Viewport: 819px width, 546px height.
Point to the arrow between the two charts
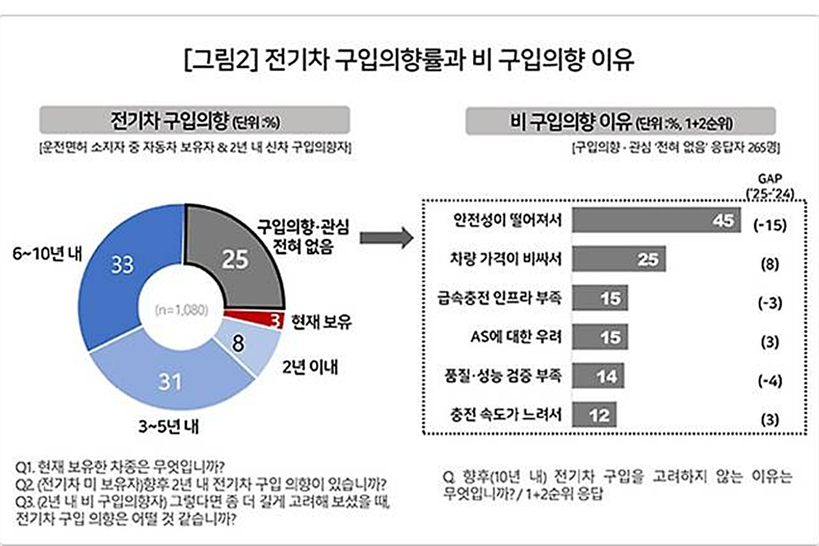[386, 238]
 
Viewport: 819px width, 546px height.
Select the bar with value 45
[655, 221]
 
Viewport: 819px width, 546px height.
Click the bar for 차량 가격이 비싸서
[618, 260]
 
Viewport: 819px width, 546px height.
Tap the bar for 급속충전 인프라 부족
[599, 298]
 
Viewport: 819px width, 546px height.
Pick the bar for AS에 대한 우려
[599, 337]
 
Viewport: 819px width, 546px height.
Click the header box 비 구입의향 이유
[620, 122]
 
